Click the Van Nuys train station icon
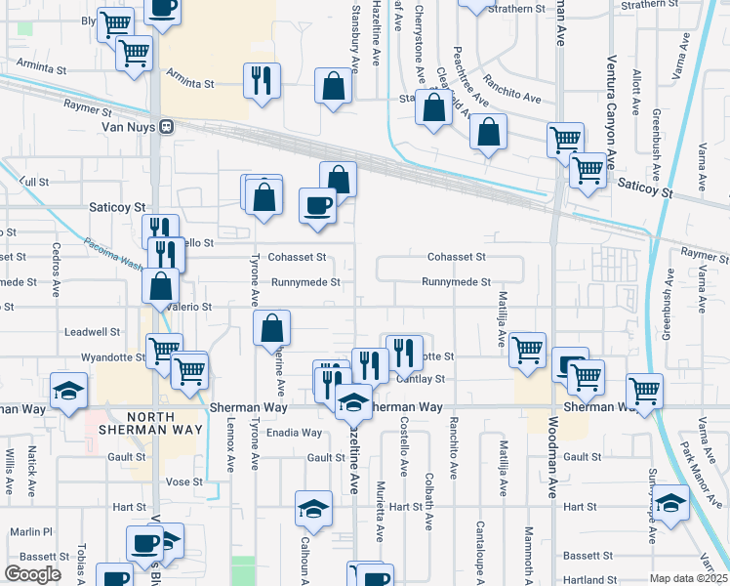pyautogui.click(x=167, y=126)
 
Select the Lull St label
pyautogui.click(x=33, y=182)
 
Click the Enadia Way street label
pyautogui.click(x=294, y=433)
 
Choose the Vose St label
pyautogui.click(x=182, y=481)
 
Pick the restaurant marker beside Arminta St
pyautogui.click(x=262, y=81)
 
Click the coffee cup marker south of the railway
pyautogui.click(x=316, y=206)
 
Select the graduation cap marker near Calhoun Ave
pyautogui.click(x=313, y=508)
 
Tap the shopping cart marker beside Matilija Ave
pyautogui.click(x=527, y=348)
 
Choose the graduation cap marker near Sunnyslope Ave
pyautogui.click(x=670, y=504)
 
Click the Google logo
pyautogui.click(x=32, y=574)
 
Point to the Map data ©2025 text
pyautogui.click(x=688, y=578)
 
